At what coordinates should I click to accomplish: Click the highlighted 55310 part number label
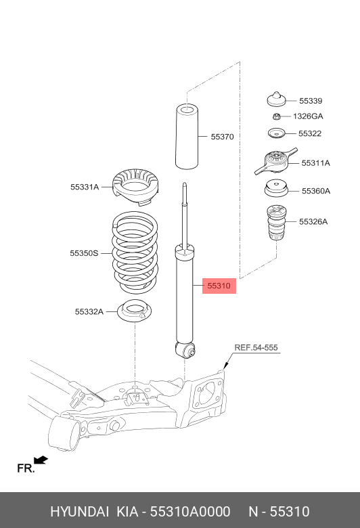point(219,286)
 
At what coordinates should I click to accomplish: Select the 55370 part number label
point(221,137)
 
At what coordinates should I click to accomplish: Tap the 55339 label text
point(311,101)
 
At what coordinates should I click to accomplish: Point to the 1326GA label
point(308,116)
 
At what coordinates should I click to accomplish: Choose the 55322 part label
point(310,133)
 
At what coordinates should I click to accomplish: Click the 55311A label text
point(315,163)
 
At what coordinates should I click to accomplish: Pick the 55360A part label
point(315,191)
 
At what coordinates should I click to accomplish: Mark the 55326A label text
point(313,221)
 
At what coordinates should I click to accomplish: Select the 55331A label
point(84,187)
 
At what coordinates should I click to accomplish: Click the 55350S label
point(84,253)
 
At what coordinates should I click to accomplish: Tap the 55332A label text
point(89,312)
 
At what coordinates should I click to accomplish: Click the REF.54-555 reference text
point(256,348)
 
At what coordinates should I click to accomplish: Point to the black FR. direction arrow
point(41,460)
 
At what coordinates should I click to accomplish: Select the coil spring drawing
point(135,250)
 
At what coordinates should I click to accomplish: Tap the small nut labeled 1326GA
point(276,117)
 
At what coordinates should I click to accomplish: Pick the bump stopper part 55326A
point(276,223)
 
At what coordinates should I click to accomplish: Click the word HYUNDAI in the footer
point(74,511)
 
